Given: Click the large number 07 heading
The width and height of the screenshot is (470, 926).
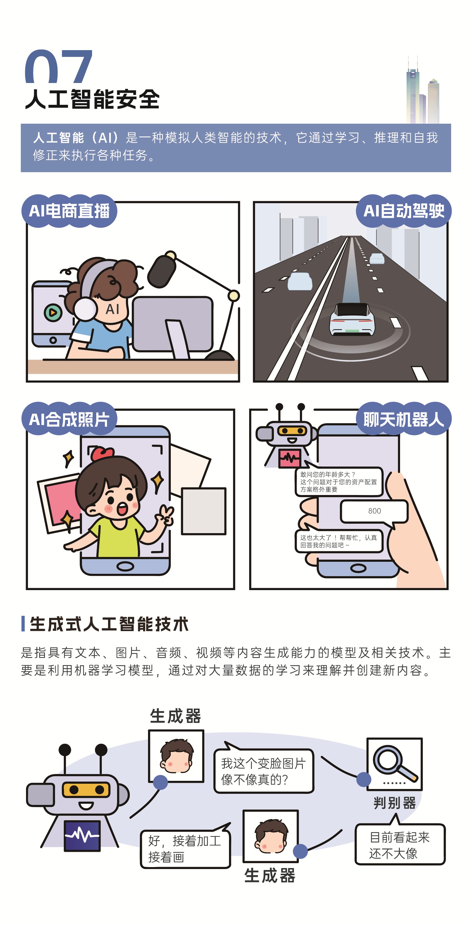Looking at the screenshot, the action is [x=59, y=66].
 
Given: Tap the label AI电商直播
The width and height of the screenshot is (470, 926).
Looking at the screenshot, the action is [x=69, y=211].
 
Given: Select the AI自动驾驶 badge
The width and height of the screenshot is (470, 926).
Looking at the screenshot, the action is [x=404, y=211].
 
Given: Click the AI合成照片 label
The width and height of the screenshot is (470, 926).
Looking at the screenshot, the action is [x=69, y=419].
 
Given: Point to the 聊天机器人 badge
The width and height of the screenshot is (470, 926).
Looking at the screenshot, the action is [x=404, y=419].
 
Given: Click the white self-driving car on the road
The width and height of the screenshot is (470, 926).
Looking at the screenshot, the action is [x=352, y=319].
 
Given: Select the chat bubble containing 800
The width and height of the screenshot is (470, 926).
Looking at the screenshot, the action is [x=374, y=512].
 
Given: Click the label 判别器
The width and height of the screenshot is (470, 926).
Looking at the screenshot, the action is [x=395, y=803].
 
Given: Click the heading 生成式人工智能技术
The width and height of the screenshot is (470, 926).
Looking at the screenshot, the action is [x=109, y=624].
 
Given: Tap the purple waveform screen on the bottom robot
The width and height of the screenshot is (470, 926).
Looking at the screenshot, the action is [x=82, y=836].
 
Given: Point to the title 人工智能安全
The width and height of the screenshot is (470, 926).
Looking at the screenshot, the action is [x=92, y=99].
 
